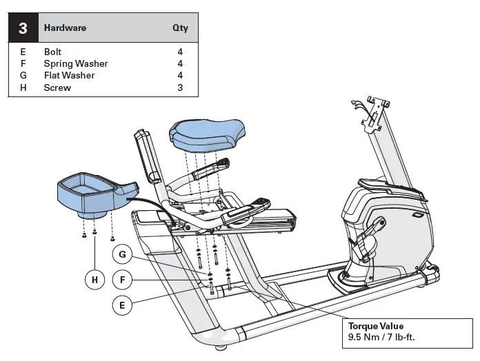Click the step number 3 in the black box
(23, 29)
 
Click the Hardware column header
(65, 29)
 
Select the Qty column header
(179, 29)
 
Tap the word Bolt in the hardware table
(52, 52)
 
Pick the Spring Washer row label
(75, 63)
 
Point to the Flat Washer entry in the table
(69, 75)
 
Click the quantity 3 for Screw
(179, 87)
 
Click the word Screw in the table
(57, 87)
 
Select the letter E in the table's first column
(23, 52)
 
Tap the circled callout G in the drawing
(122, 254)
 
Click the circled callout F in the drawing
(122, 280)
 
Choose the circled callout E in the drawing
(122, 305)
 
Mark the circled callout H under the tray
(94, 280)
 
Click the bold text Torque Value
(376, 327)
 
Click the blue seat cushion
(209, 133)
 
